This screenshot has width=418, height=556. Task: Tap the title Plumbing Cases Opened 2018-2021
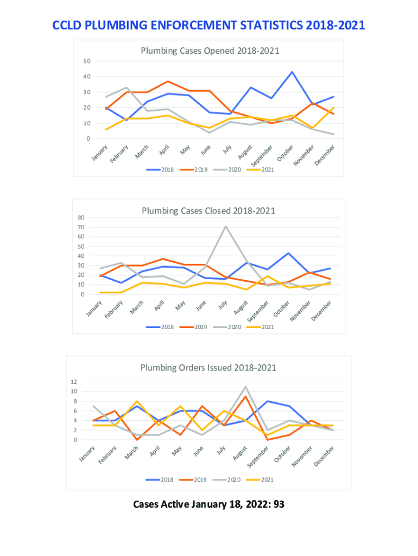click(210, 51)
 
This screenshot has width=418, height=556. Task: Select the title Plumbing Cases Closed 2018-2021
click(208, 211)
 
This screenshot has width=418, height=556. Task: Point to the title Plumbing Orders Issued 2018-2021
click(208, 368)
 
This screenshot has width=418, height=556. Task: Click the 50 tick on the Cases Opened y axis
click(87, 61)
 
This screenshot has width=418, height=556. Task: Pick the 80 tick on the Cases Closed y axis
click(81, 218)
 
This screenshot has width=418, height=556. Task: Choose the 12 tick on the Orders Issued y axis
click(74, 382)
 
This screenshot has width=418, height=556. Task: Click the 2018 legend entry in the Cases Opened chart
click(161, 169)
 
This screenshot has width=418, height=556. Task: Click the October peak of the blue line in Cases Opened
click(292, 72)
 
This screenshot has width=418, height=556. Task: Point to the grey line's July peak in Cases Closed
click(225, 226)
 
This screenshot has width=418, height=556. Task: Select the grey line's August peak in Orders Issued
click(246, 387)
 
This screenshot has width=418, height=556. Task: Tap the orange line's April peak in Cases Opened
click(168, 81)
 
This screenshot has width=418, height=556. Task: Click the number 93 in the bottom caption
click(279, 504)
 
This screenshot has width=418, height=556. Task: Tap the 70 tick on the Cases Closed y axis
click(81, 227)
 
